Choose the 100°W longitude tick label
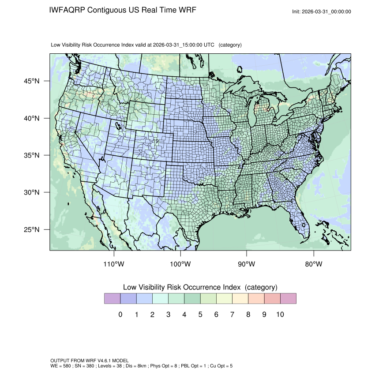(180, 264)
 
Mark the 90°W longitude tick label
(247, 264)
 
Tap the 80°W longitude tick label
(313, 264)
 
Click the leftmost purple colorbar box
(112, 299)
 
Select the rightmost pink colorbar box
(288, 299)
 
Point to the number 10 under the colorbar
(280, 315)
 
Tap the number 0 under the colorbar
(120, 315)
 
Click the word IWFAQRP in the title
(67, 10)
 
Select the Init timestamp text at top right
(322, 11)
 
